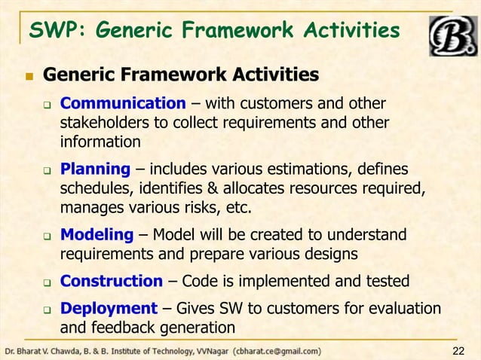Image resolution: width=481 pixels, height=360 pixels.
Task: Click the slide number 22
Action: pos(458,351)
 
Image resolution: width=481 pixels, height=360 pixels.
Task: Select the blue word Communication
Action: pos(122,103)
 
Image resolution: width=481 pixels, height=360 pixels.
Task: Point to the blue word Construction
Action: pos(111,281)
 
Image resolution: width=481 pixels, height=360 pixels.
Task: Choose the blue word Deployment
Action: pos(109,309)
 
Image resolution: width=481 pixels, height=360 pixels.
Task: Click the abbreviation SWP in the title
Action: pos(51,30)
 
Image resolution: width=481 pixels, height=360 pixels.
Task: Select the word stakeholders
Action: pos(102,122)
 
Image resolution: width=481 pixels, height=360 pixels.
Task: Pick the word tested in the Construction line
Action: pos(385,281)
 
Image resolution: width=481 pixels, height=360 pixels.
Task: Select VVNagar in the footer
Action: pos(210,351)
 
